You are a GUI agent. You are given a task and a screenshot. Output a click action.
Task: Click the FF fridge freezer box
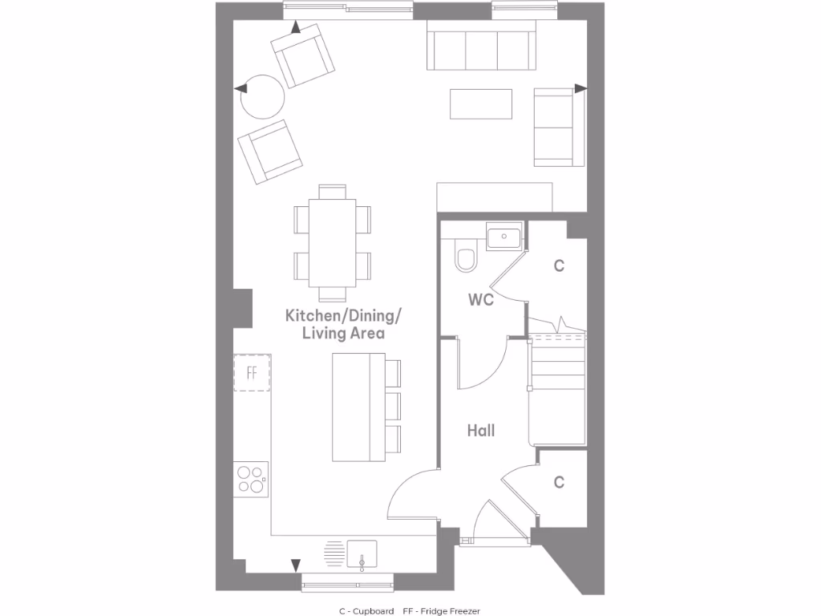(x=252, y=372)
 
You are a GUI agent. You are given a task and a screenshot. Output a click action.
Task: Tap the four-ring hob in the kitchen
(x=251, y=479)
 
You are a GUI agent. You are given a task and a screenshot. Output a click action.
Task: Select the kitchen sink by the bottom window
(x=362, y=554)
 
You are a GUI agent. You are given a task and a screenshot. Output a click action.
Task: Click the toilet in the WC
(x=465, y=257)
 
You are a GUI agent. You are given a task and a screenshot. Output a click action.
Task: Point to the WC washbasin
(x=504, y=237)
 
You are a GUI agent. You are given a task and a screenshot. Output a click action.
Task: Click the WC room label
(x=481, y=300)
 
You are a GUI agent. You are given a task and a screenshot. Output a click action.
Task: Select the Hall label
(x=481, y=431)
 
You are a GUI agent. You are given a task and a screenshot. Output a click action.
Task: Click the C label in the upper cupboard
(x=559, y=265)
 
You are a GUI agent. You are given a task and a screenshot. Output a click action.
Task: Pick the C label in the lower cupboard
(x=559, y=482)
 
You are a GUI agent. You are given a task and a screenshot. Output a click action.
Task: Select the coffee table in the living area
(x=481, y=103)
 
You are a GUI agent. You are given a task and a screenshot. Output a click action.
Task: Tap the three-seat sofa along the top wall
(x=481, y=49)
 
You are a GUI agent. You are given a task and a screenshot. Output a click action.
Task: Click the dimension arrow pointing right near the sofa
(x=581, y=88)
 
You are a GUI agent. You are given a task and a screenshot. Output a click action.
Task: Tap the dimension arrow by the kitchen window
(x=295, y=565)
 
